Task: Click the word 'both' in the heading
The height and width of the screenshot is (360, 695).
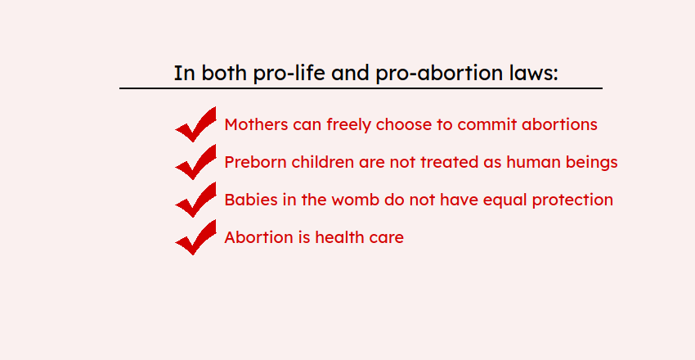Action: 224,73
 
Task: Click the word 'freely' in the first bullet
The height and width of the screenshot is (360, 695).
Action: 349,125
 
